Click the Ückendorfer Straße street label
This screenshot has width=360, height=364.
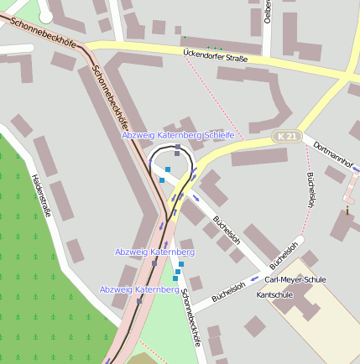click(215, 57)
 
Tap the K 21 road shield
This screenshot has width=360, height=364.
click(287, 136)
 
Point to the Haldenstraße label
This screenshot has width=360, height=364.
click(40, 195)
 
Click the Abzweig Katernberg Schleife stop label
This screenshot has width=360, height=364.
click(178, 135)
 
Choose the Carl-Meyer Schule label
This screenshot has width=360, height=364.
click(295, 279)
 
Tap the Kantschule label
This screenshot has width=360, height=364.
click(274, 296)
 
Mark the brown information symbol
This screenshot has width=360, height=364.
click(347, 211)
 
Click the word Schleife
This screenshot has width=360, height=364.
click(219, 135)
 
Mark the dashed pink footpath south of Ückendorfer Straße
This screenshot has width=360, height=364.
click(218, 97)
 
